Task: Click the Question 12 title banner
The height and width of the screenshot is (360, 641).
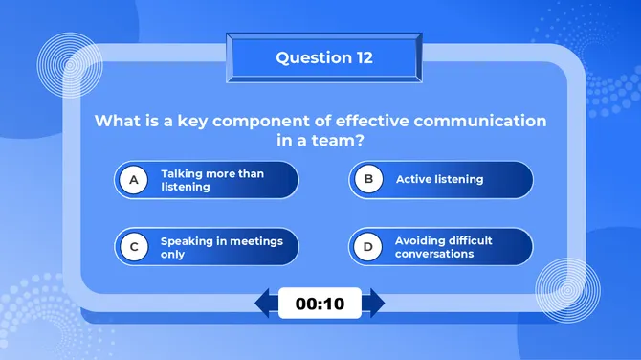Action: pos(323,58)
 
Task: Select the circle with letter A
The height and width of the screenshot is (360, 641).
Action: pos(135,179)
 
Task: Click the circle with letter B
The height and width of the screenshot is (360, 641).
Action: pos(367,179)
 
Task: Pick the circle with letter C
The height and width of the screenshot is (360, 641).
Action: pos(135,247)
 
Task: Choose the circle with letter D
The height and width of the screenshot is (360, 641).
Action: pos(367,247)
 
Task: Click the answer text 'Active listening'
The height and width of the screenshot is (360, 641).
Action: pos(439,179)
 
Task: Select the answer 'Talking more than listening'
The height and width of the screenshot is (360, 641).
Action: pos(212,180)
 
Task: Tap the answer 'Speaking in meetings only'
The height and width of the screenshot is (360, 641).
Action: pos(221,248)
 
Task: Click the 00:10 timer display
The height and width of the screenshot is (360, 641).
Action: pos(320,304)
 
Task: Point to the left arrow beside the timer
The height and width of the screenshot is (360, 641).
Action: pos(264,304)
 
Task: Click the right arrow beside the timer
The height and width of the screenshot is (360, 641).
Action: pos(375,304)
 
